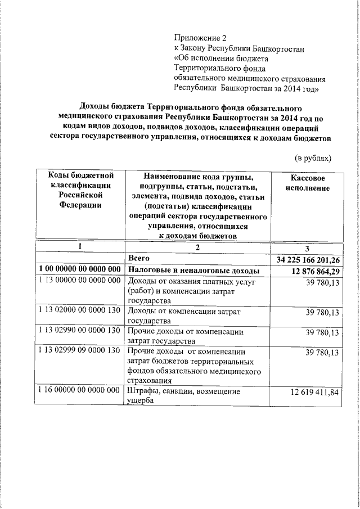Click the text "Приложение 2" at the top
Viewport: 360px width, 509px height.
(200, 38)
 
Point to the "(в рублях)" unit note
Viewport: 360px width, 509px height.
(313, 159)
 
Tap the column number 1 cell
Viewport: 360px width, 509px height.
(80, 246)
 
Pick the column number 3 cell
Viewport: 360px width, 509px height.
(307, 247)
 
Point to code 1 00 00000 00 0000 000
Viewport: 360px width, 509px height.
(80, 270)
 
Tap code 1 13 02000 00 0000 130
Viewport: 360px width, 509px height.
(80, 311)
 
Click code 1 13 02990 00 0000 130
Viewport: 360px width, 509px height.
(80, 331)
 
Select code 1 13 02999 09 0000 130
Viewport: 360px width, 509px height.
(80, 352)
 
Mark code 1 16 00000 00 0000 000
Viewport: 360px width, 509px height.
(80, 390)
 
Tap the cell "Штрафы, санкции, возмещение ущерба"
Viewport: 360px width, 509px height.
(184, 396)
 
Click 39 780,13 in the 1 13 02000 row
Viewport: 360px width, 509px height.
(322, 312)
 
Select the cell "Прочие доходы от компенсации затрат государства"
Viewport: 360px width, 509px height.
(186, 336)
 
